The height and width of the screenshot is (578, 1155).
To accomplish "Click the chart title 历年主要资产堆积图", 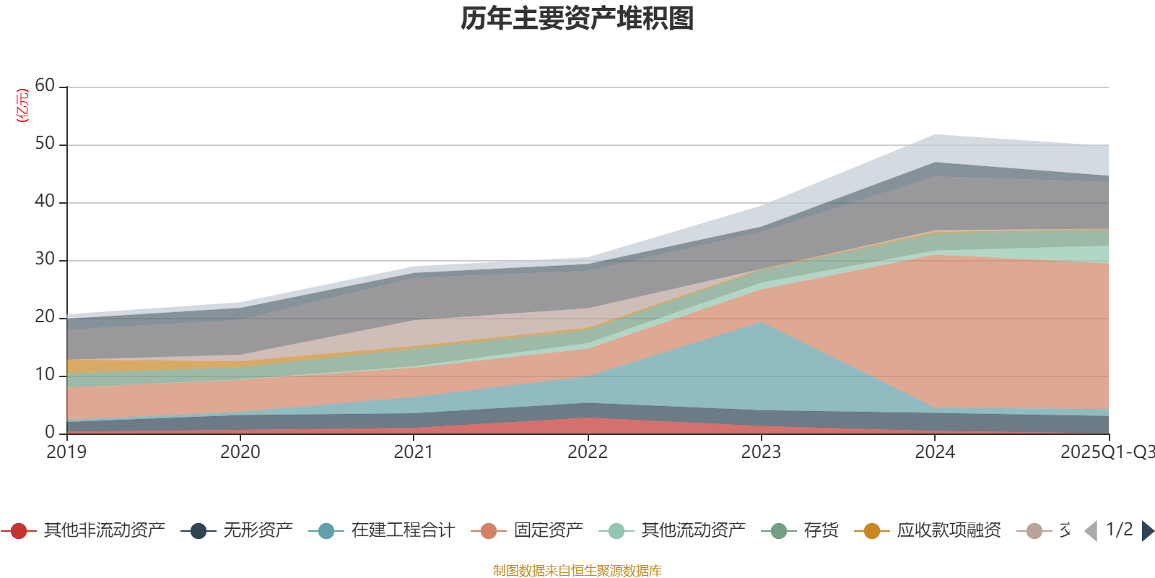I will click(577, 19).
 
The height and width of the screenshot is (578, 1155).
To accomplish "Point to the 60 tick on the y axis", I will click(45, 86).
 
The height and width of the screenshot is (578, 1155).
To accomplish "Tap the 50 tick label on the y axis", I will click(45, 144).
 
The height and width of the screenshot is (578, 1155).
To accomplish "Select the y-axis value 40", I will click(45, 202).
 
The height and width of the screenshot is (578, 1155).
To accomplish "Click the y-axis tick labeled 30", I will click(45, 259).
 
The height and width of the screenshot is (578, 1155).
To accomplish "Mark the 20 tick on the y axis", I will click(45, 317).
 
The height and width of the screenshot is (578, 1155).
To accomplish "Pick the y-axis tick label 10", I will click(45, 375).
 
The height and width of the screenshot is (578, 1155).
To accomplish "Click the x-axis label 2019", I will click(66, 452).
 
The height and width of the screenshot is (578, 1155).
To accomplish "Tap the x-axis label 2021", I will click(414, 452).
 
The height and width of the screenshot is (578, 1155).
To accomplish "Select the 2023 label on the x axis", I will click(761, 452).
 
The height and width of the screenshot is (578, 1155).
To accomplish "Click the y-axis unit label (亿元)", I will click(22, 105).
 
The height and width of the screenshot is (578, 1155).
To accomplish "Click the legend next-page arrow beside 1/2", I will click(1147, 531).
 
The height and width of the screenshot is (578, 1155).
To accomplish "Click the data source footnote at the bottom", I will click(577, 571).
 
